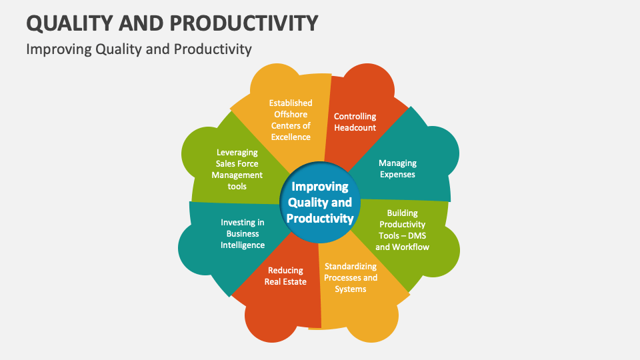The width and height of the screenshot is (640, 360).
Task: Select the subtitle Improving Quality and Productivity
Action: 139,49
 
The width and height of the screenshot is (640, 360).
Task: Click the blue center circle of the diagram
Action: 319,203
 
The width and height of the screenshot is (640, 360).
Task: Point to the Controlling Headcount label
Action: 355,122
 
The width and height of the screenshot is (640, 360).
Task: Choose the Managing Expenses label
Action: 397,169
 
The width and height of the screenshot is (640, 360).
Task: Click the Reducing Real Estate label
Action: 285,276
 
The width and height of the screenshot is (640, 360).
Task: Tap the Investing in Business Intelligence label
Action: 243,234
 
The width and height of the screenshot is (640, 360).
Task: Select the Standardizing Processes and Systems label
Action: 351,277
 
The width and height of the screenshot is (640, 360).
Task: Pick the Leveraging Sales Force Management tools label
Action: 237,169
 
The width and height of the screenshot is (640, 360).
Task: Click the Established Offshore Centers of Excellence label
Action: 290,120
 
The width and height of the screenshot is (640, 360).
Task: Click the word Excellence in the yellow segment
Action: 290,137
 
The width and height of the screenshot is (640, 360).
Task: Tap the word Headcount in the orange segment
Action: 355,128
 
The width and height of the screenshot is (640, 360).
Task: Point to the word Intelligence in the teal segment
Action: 243,245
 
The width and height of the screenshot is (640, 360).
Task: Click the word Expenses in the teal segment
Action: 397,175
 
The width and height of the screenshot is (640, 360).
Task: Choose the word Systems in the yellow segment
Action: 351,289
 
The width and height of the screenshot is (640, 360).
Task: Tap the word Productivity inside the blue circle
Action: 320,219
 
